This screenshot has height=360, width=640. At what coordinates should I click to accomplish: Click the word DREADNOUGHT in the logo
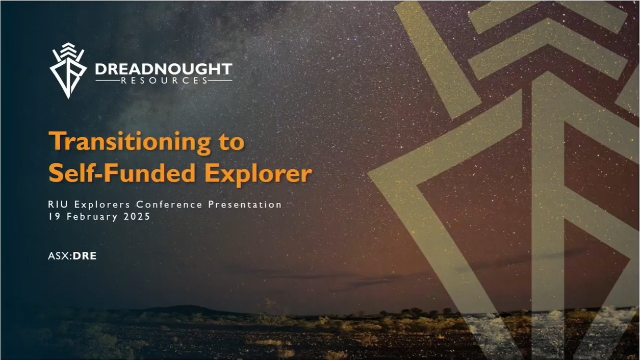coord(164,69)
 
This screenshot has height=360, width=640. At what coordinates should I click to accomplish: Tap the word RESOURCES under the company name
coord(164,81)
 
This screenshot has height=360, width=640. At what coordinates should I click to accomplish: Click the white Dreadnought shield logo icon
coord(68,70)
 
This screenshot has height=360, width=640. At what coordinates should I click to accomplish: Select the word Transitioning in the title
coord(130,142)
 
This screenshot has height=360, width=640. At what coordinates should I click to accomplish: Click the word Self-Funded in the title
coord(124,173)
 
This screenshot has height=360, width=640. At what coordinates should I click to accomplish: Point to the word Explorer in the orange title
coord(259,174)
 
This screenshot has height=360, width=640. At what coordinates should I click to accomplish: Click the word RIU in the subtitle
coord(59,204)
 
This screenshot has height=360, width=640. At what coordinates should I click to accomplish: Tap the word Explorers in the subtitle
coord(102,205)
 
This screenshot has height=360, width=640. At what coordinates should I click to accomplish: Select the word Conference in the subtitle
coord(169,204)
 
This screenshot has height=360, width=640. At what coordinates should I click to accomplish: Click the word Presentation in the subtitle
coord(245,205)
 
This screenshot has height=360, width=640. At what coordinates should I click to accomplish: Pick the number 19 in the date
coord(54,216)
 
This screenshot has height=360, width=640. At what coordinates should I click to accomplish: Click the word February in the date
coord(92,217)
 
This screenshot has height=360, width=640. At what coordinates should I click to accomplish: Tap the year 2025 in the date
coord(137,216)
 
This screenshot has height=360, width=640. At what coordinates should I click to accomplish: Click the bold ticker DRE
coord(85,256)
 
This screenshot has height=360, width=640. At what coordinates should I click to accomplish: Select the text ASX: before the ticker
coord(60,256)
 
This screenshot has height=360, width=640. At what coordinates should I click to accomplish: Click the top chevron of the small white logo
coord(68,45)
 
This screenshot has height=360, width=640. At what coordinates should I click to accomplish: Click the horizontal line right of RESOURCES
coord(220,81)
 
